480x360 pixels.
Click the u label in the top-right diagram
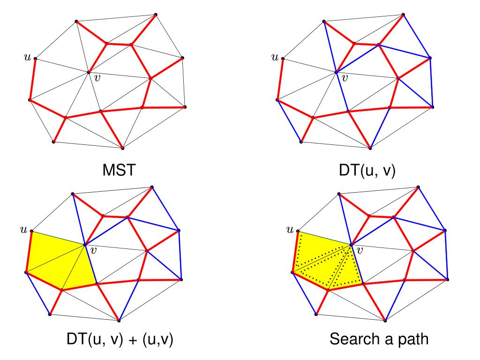[x=275, y=57]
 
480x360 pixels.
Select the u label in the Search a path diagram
[x=289, y=230]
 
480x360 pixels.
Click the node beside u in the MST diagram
[x=35, y=59]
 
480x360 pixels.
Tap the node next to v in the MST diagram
[x=88, y=72]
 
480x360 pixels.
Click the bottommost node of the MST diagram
[x=123, y=148]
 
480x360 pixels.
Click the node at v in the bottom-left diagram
[x=84, y=245]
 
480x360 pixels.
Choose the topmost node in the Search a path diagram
[x=418, y=187]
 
